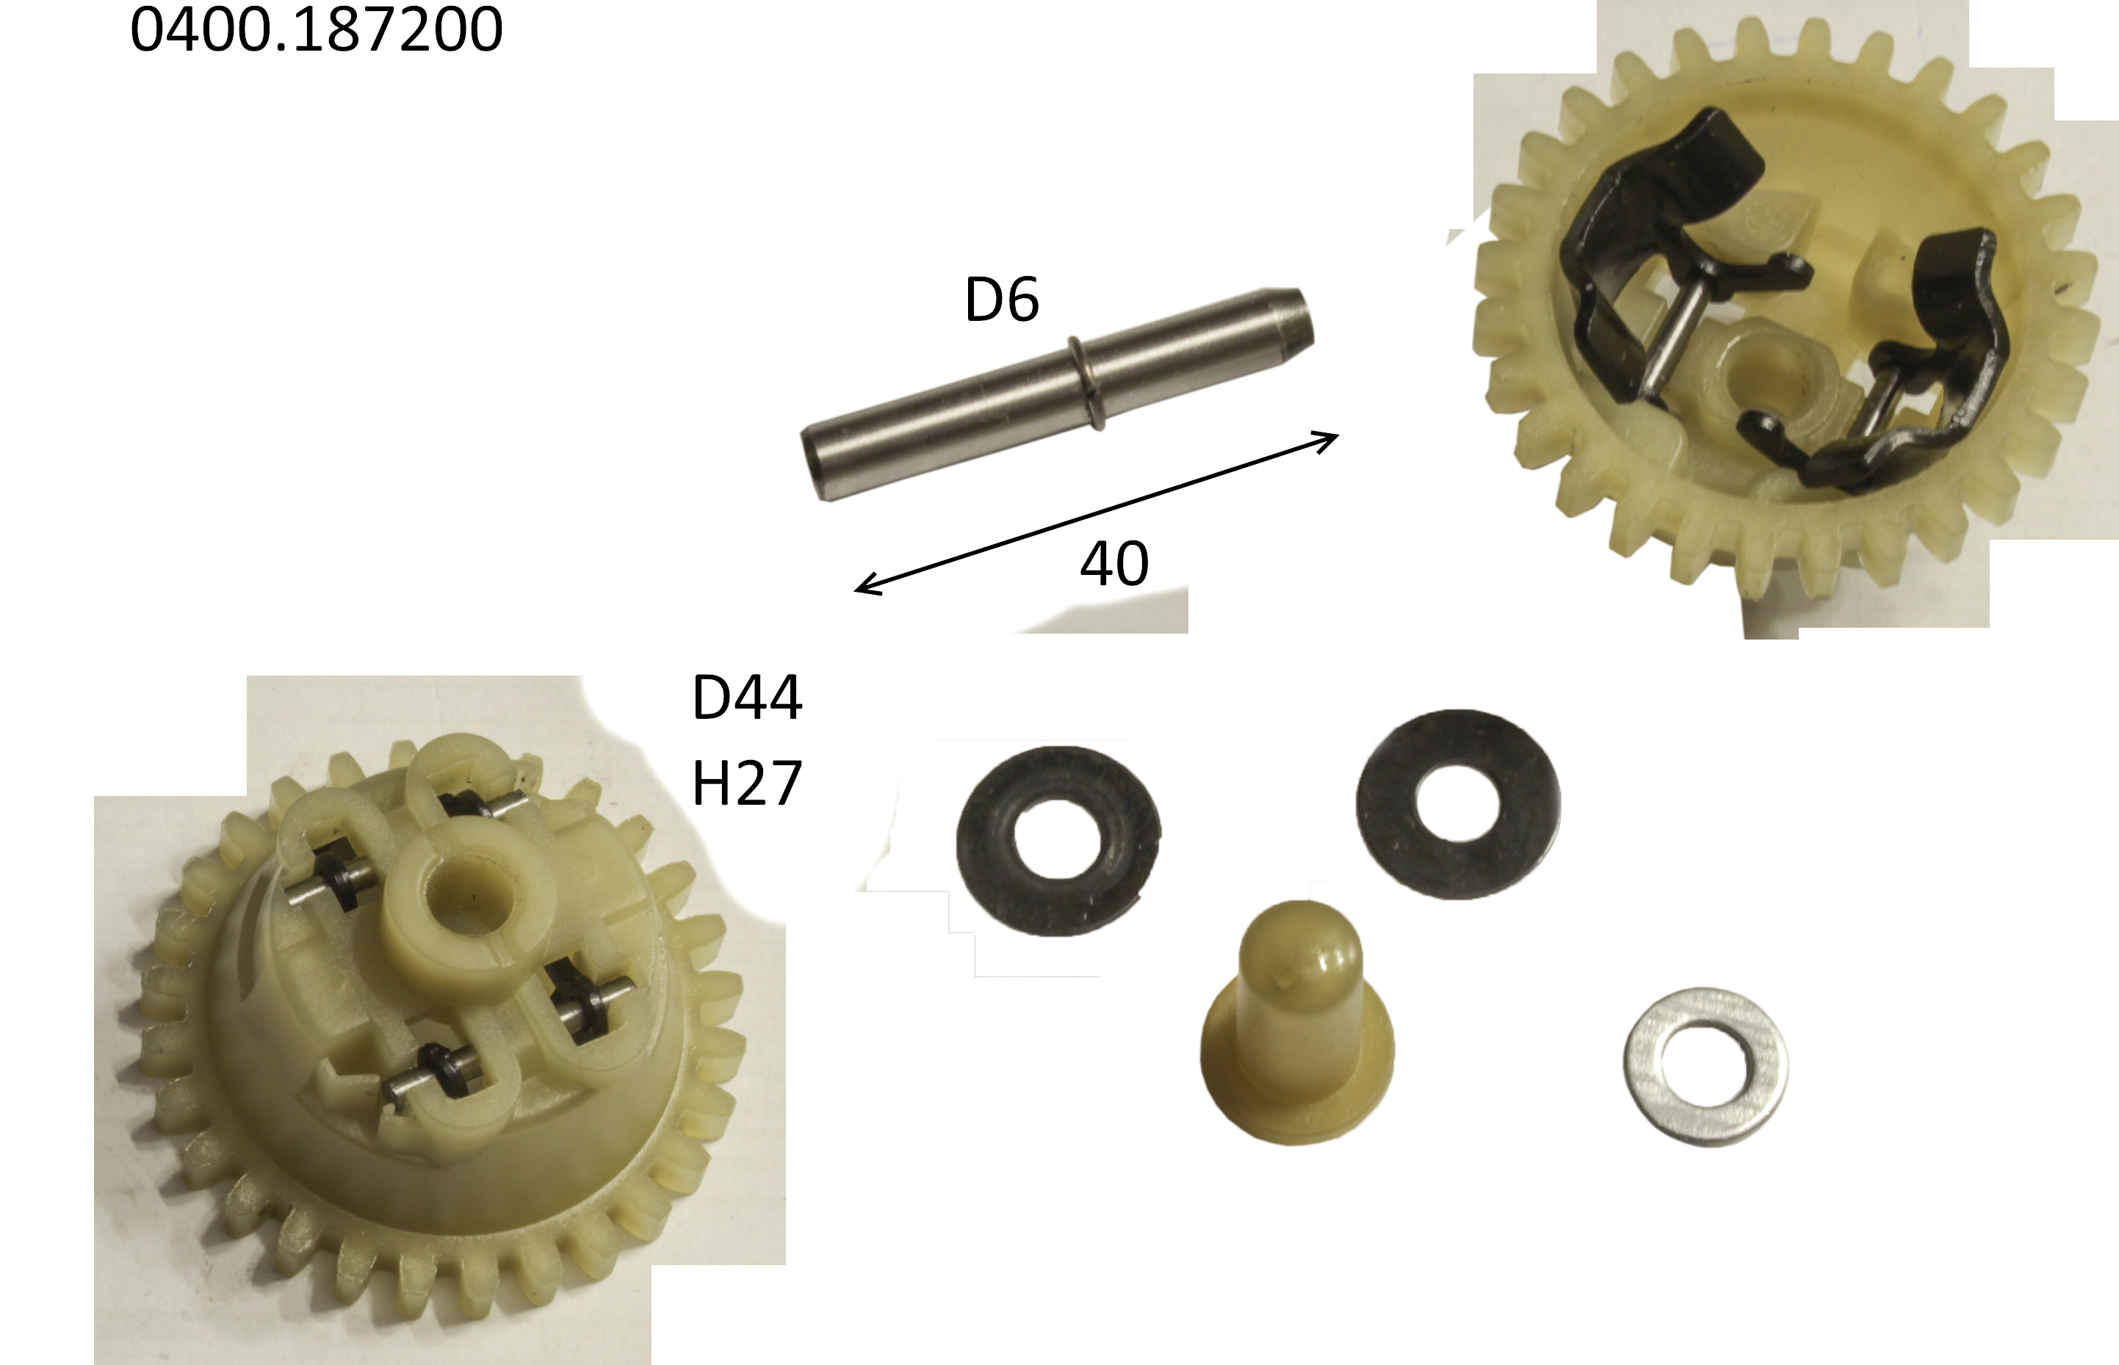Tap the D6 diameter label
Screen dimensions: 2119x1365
1001,300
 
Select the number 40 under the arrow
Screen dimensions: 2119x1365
1114,563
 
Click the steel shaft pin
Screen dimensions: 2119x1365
1057,394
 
